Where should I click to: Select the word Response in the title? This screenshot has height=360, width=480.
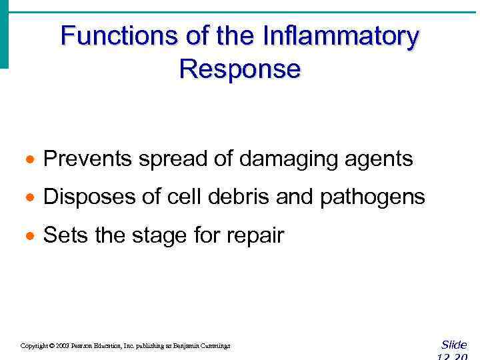pos(240,69)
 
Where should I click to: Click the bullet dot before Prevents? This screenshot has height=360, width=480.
pos(28,160)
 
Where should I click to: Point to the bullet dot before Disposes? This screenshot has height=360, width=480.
pos(28,198)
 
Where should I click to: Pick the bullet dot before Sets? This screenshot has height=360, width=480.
pos(28,236)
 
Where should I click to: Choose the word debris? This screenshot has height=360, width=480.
pos(238,197)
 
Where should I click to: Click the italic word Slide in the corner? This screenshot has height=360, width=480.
pos(454,345)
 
